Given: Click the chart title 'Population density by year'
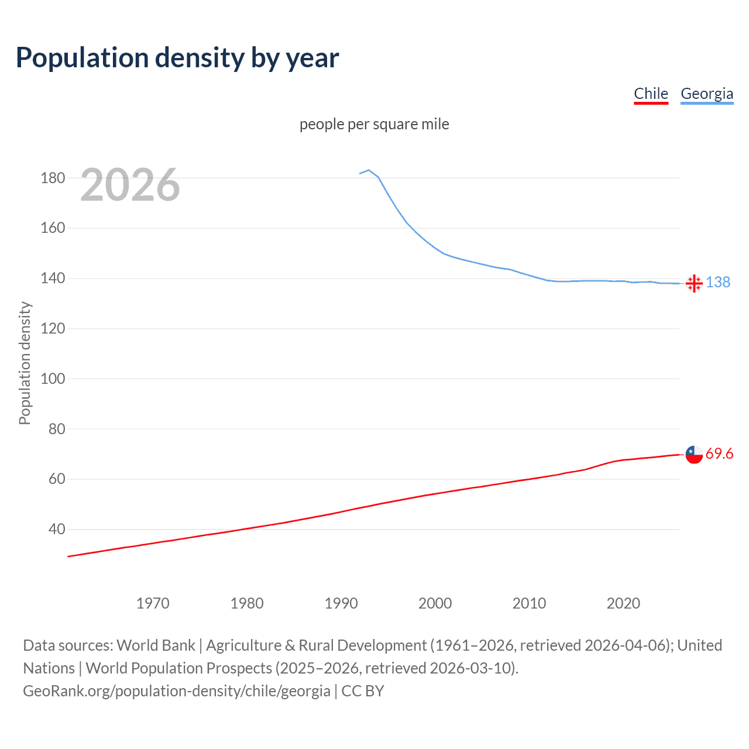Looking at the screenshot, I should pyautogui.click(x=177, y=58).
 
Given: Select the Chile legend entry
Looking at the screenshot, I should pyautogui.click(x=651, y=94).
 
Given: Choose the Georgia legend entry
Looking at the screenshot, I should pyautogui.click(x=707, y=94).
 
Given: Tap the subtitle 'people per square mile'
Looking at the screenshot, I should pyautogui.click(x=374, y=124).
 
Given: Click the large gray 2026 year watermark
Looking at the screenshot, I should pyautogui.click(x=130, y=185).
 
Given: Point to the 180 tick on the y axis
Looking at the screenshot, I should pyautogui.click(x=53, y=178).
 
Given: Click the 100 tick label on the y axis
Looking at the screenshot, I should pyautogui.click(x=53, y=379).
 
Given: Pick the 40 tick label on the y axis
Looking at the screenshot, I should pyautogui.click(x=57, y=529).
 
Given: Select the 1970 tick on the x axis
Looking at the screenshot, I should pyautogui.click(x=153, y=603).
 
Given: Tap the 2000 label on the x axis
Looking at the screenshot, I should pyautogui.click(x=435, y=603).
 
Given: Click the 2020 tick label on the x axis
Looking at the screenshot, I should pyautogui.click(x=623, y=603).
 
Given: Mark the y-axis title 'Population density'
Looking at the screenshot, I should pyautogui.click(x=25, y=363).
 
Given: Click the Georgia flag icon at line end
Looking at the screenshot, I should pyautogui.click(x=694, y=283).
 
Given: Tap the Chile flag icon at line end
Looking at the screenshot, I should pyautogui.click(x=694, y=454).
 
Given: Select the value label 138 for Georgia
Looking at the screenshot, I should pyautogui.click(x=718, y=283).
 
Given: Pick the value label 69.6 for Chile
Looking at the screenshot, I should pyautogui.click(x=719, y=454).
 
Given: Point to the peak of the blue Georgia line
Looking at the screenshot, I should pyautogui.click(x=369, y=170).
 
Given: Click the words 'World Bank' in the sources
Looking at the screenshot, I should pyautogui.click(x=156, y=645).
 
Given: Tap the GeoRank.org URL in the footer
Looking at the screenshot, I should pyautogui.click(x=177, y=691).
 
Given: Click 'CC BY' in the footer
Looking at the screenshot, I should pyautogui.click(x=363, y=691).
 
